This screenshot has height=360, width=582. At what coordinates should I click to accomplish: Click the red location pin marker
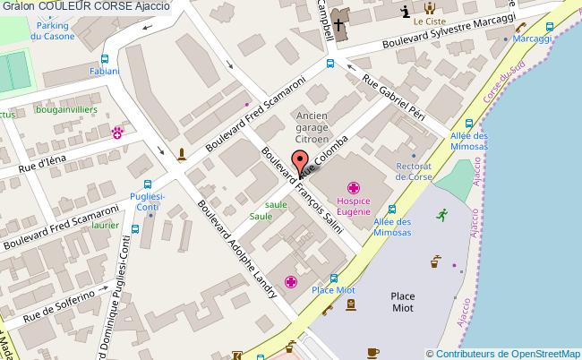pos(301,162)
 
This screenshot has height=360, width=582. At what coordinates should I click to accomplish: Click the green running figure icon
pos(441,214)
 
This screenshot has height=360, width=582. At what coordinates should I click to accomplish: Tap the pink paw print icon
pos(117,133)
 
